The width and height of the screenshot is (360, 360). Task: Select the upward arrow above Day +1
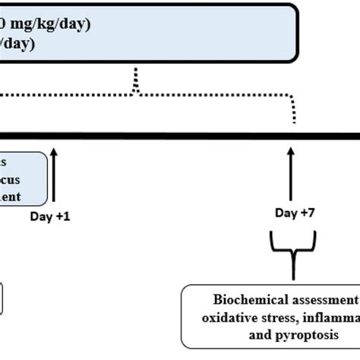54,176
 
